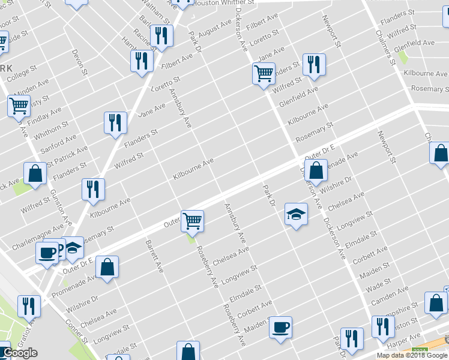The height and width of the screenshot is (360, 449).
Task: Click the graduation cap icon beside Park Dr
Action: [296, 214]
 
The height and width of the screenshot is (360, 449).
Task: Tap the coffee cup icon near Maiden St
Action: [280, 328]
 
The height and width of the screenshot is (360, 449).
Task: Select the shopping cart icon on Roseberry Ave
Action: [192, 221]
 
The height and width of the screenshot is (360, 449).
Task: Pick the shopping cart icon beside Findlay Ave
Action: [19, 106]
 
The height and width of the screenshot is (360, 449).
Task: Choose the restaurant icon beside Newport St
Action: [314, 64]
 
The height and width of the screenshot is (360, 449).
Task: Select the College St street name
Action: [22, 73]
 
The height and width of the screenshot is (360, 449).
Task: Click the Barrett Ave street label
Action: [154, 257]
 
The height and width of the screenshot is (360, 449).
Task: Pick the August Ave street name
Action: [214, 28]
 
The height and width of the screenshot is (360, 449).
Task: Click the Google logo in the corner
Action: [20, 353]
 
